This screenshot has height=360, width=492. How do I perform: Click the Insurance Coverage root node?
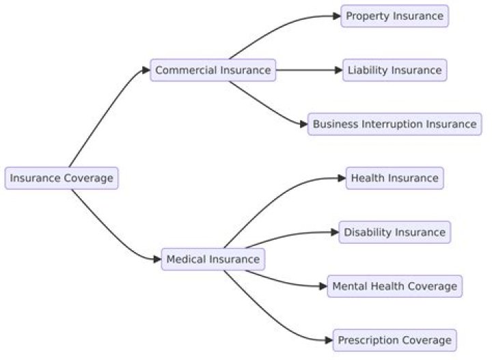pyautogui.click(x=61, y=178)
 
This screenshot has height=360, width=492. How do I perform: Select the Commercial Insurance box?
pyautogui.click(x=213, y=70)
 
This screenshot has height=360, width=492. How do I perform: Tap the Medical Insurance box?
pyautogui.click(x=213, y=259)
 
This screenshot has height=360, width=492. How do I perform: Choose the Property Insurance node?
pyautogui.click(x=394, y=16)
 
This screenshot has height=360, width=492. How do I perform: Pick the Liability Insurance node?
pyautogui.click(x=394, y=70)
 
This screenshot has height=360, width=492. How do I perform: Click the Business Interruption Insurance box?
pyautogui.click(x=394, y=124)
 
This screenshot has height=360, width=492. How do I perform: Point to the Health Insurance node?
pyautogui.click(x=394, y=178)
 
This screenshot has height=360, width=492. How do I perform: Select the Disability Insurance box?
pyautogui.click(x=394, y=232)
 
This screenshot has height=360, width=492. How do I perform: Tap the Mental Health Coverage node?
pyautogui.click(x=394, y=286)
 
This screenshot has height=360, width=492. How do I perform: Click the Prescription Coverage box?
pyautogui.click(x=394, y=340)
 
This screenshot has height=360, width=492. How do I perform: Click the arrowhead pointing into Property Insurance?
pyautogui.click(x=336, y=16)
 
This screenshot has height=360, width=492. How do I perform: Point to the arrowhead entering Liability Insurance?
pyautogui.click(x=338, y=70)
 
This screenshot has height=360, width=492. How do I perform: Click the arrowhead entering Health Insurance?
pyautogui.click(x=341, y=178)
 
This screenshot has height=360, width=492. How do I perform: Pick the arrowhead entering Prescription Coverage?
pyautogui.click(x=329, y=340)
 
